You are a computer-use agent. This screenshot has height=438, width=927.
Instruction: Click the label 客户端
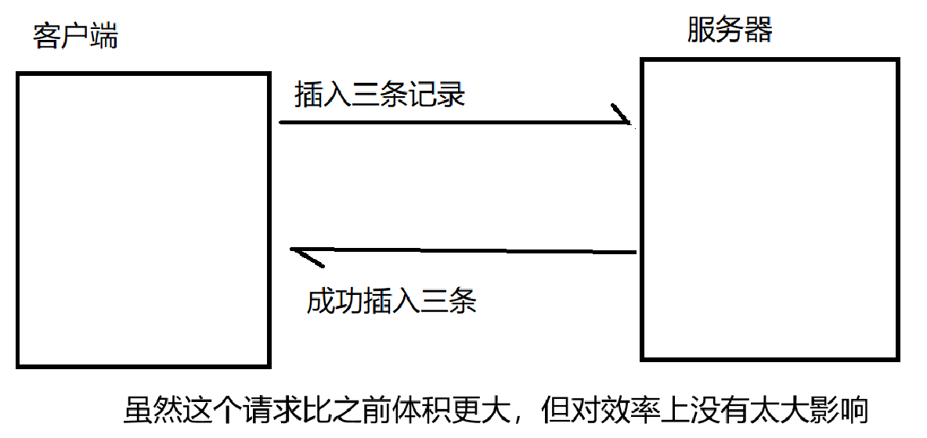pyautogui.click(x=76, y=36)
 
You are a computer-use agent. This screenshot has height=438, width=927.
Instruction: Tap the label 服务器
pyautogui.click(x=730, y=31)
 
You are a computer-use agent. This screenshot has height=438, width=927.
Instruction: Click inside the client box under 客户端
pyautogui.click(x=143, y=219)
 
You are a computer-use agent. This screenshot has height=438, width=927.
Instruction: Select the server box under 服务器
pyautogui.click(x=769, y=209)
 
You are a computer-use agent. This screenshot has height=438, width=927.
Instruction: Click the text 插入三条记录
pyautogui.click(x=380, y=95)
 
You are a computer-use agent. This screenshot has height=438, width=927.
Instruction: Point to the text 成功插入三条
pyautogui.click(x=391, y=301)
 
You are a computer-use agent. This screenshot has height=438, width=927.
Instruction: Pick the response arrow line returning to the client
pyautogui.click(x=470, y=251)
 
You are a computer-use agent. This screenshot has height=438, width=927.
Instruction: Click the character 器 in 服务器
pyautogui.click(x=759, y=31)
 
